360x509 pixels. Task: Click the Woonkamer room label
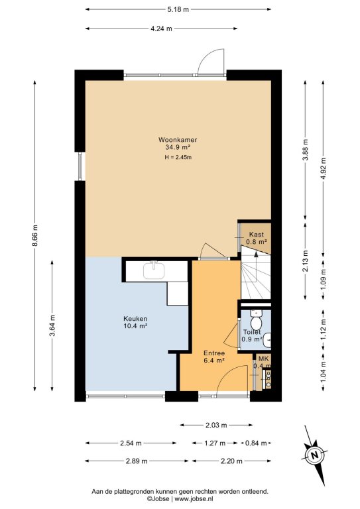coord(178,140)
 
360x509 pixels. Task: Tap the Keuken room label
coord(135,319)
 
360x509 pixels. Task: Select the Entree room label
coord(214,353)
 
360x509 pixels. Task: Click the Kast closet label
coord(256,235)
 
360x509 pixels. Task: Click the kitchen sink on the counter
coord(154,270)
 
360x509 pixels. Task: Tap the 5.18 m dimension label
coord(178,9)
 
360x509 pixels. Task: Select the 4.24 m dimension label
coord(161,28)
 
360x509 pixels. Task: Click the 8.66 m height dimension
coord(35,235)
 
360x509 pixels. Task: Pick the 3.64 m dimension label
coord(52,325)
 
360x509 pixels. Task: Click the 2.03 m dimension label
coord(216,425)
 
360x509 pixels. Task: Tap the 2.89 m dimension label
coord(137,461)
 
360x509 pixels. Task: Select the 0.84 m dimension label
coord(256,443)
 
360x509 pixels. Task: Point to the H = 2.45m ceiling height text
coord(178,158)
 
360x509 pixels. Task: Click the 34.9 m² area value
coord(178,147)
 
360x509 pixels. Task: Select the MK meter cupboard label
coord(263,359)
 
